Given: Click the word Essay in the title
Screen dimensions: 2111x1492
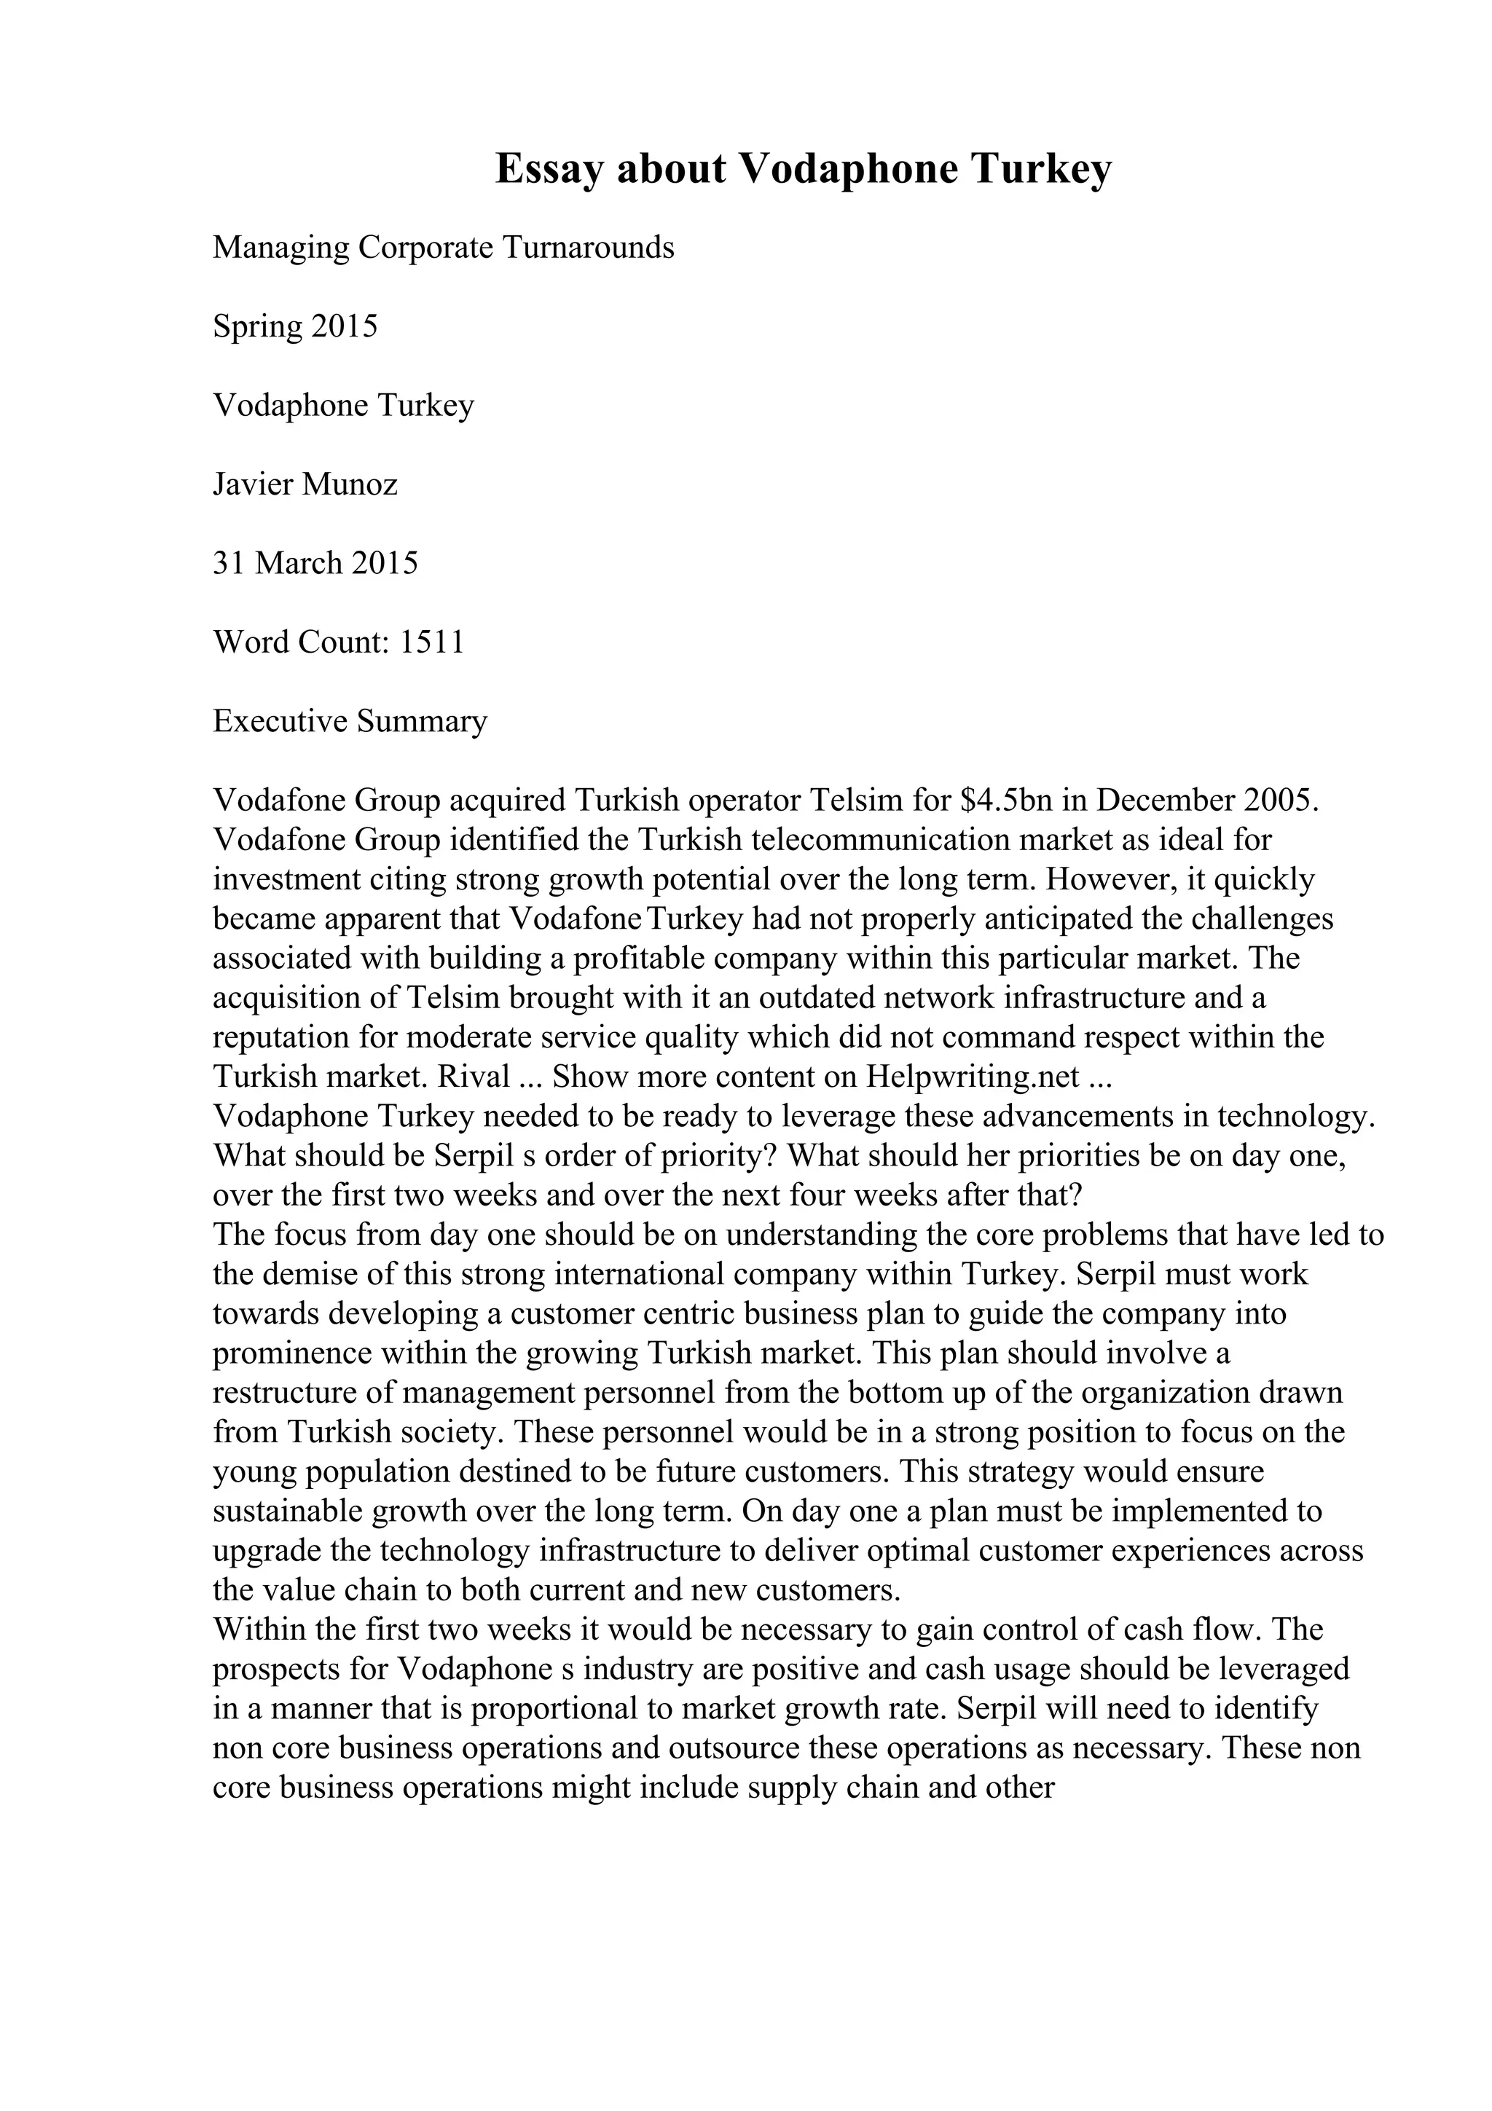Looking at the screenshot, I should (549, 169).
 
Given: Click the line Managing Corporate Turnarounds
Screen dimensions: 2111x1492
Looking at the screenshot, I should (443, 248).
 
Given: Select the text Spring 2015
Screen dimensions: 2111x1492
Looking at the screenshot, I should (295, 326).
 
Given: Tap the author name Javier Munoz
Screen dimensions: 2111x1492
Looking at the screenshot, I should (305, 484).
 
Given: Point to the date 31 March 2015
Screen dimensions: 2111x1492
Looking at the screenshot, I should (315, 562).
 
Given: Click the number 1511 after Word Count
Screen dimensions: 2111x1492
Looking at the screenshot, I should (432, 642).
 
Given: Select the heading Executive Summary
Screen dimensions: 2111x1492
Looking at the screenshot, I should (350, 721).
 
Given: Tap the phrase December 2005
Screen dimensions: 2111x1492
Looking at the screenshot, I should (1208, 800).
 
